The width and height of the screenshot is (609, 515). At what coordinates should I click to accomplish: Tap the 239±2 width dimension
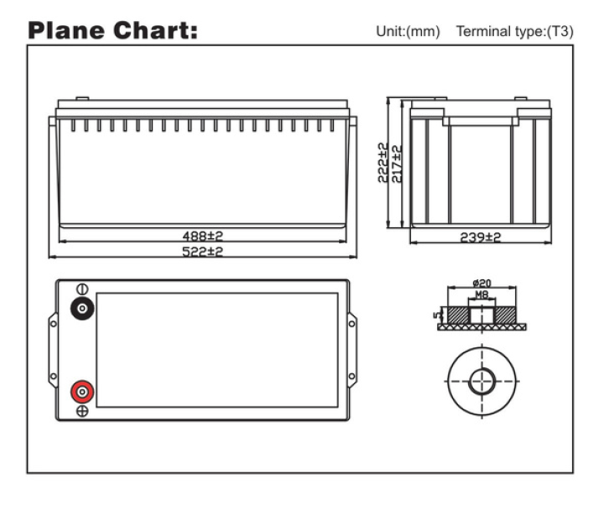481,238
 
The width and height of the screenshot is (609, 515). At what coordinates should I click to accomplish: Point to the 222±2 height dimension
383,163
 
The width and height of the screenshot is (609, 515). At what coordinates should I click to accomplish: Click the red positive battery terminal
82,392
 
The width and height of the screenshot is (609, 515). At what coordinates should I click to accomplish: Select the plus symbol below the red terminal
82,411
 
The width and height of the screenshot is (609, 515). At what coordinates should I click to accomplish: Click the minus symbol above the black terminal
82,289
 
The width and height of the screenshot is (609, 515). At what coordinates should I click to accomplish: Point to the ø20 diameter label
481,284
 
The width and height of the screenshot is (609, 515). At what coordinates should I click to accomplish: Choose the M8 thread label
481,295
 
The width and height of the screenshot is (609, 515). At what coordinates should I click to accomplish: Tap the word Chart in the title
159,31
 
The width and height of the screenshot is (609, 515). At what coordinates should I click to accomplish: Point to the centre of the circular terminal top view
481,381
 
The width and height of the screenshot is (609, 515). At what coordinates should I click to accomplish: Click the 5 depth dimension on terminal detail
435,315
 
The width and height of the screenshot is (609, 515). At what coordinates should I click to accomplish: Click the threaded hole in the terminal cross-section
481,314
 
